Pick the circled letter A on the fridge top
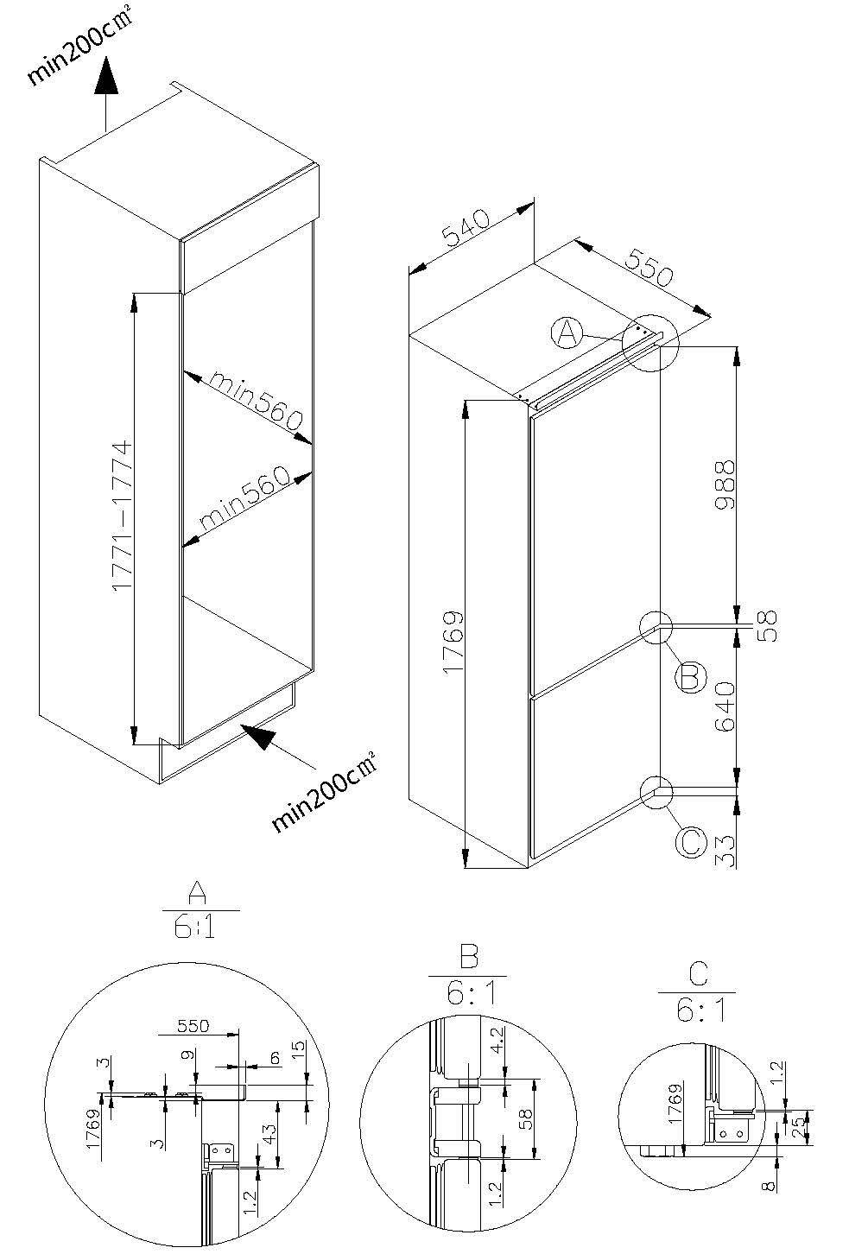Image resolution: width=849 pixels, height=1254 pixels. click(x=566, y=332)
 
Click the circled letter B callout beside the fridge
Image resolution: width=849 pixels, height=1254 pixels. click(x=689, y=676)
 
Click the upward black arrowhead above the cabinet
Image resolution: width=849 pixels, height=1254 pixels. click(x=106, y=77)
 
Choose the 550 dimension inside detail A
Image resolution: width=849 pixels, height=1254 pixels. click(x=193, y=1026)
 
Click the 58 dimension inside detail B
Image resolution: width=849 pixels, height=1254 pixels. click(x=524, y=1118)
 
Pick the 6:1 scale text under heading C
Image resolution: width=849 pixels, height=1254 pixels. click(x=696, y=1010)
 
